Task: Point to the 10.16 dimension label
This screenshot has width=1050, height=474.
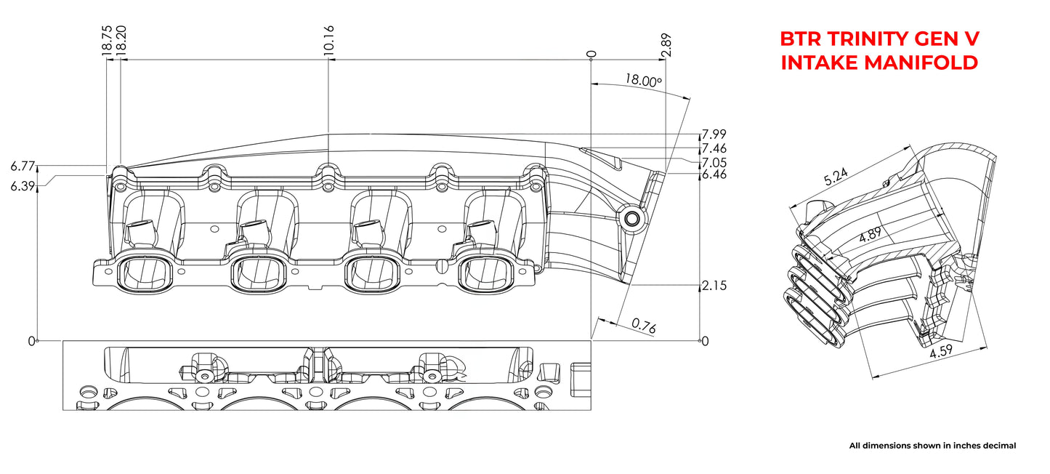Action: click(329, 41)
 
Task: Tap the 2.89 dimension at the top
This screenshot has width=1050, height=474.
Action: click(666, 45)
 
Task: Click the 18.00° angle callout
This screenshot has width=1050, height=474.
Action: click(642, 81)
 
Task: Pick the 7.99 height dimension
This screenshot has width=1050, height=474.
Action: click(714, 134)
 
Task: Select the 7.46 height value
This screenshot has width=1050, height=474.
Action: click(714, 149)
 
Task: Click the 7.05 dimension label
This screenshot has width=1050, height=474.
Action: click(714, 162)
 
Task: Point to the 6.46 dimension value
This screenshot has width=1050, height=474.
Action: click(714, 174)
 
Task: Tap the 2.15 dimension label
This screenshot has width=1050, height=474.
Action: click(714, 286)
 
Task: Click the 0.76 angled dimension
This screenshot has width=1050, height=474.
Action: click(643, 327)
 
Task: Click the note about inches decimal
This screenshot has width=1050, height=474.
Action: click(932, 446)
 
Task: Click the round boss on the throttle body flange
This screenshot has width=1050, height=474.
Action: click(630, 217)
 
